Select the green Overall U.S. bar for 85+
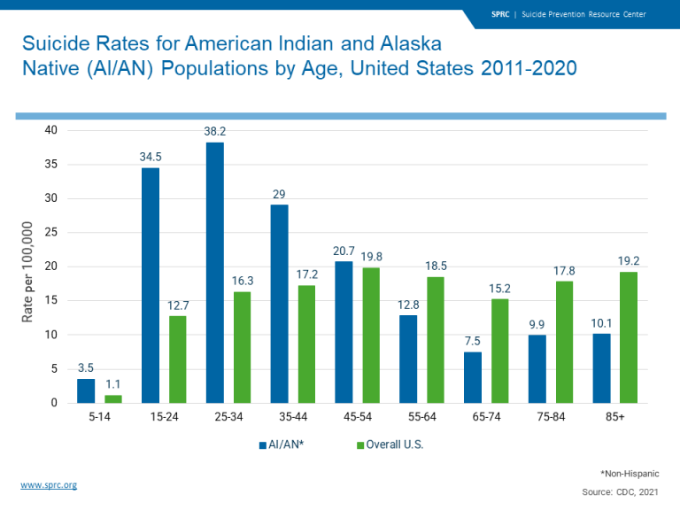point(628,337)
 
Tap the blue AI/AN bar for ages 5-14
point(86,390)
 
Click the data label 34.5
point(150,156)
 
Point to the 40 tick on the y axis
point(51,130)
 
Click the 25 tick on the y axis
point(51,233)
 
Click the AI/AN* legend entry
point(283,444)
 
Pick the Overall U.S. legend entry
point(390,444)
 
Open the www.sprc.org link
point(49,485)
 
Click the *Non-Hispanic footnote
point(630,474)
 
